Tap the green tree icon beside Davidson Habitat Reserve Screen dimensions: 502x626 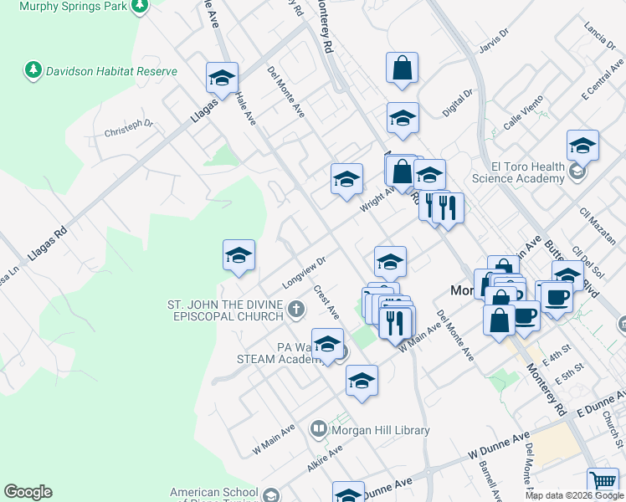point(33,70)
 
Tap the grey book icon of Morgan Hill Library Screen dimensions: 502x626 point(318,430)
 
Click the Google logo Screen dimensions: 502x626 point(28,492)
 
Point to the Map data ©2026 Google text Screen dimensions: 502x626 point(575,495)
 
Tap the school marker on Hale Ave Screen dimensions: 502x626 point(222,79)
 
